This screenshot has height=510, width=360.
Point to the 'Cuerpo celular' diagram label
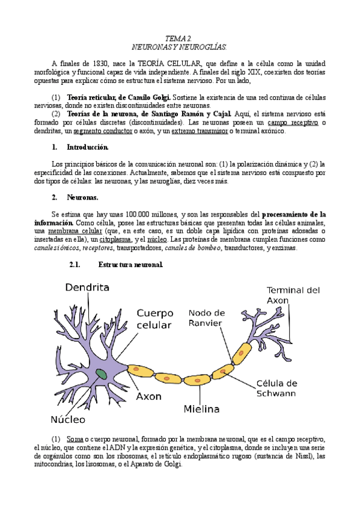155,319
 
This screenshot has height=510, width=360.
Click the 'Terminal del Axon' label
293,294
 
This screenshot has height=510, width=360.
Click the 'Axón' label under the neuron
148,398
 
